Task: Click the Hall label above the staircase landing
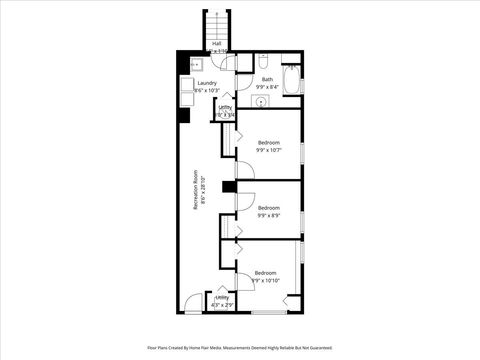(x=217, y=43)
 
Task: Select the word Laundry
(x=206, y=84)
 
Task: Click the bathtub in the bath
(x=291, y=80)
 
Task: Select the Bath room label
(x=267, y=79)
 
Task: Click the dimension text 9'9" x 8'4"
(x=267, y=87)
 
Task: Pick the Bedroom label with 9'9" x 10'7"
(x=268, y=143)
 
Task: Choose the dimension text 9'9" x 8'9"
(x=268, y=215)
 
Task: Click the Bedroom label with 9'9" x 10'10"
(x=265, y=273)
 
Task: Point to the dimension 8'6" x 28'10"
(x=203, y=196)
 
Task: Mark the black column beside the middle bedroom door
(x=229, y=185)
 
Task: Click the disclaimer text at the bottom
(x=240, y=348)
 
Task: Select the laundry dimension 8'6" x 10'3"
(x=206, y=91)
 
